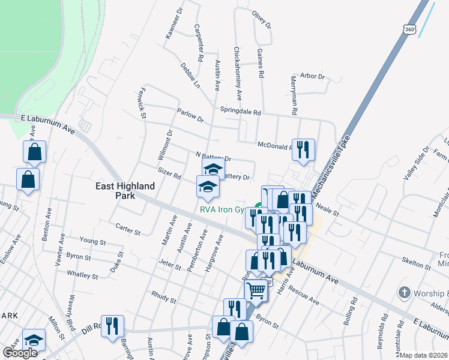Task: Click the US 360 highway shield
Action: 409,29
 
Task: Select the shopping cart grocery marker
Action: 256,290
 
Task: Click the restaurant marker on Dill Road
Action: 112,326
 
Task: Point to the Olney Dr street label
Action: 262,20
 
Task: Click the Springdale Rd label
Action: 241,112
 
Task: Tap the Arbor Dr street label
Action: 312,77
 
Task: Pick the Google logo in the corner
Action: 20,353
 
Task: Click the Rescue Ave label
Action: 303,294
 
